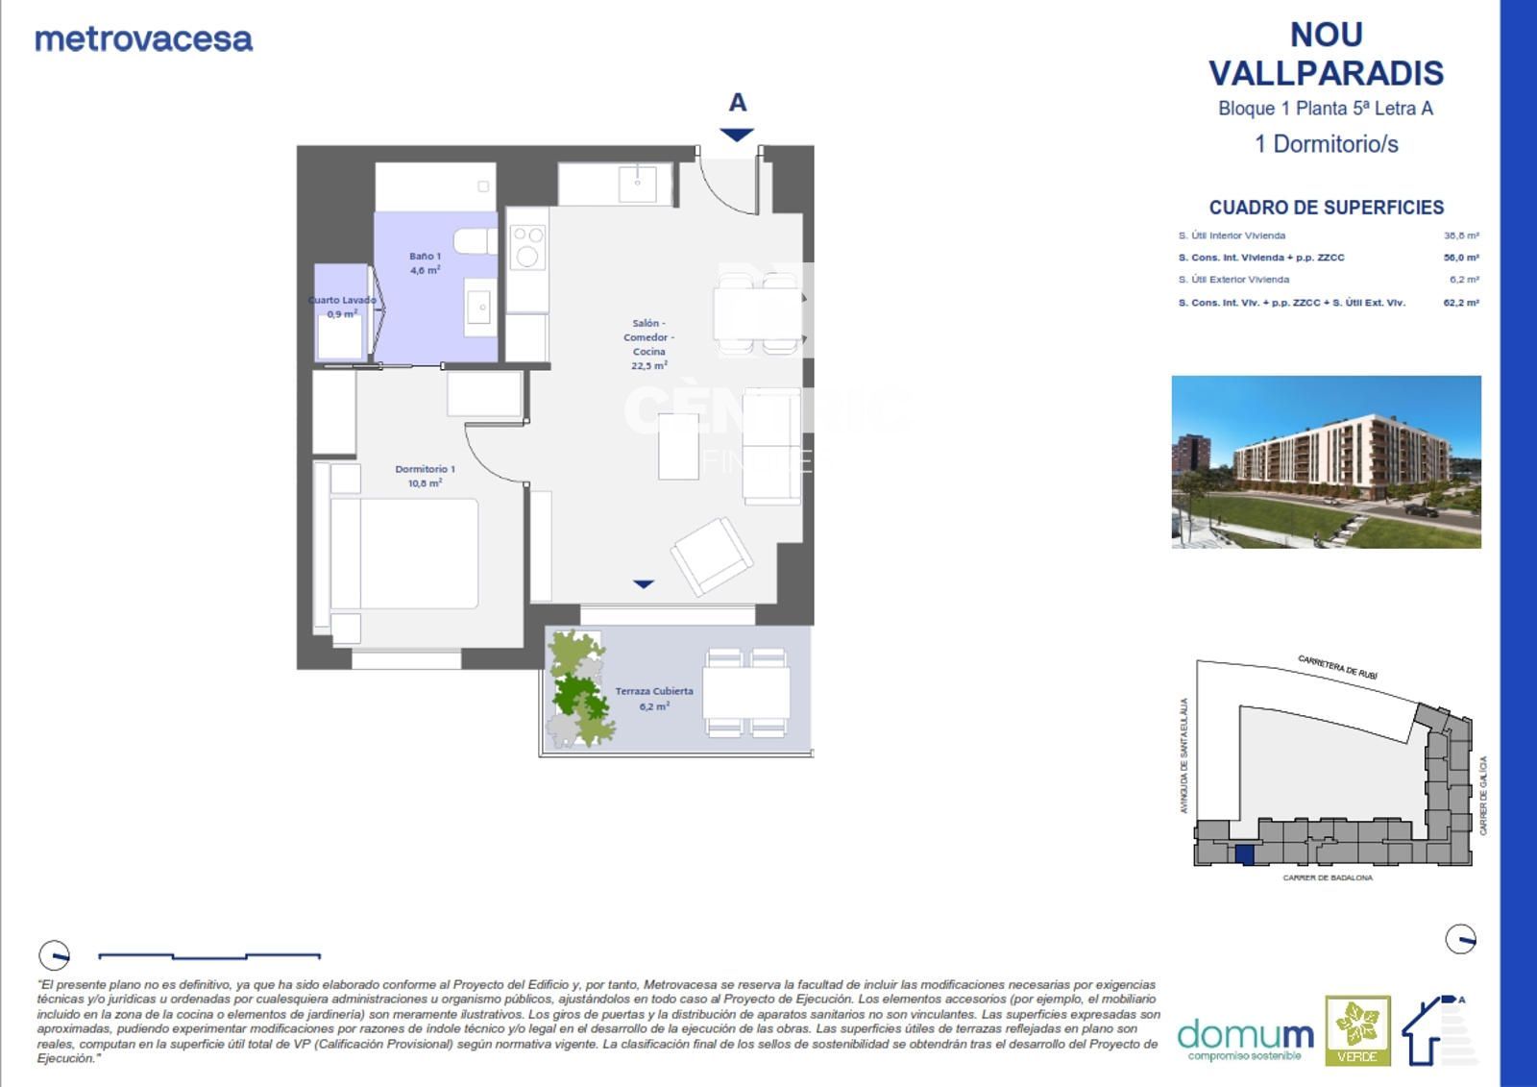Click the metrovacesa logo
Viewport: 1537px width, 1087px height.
click(x=144, y=39)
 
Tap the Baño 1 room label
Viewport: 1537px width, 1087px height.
click(x=425, y=263)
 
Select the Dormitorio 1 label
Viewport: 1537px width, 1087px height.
click(x=425, y=476)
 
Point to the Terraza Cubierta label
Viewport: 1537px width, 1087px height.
click(x=654, y=698)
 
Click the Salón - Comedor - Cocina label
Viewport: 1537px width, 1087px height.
click(x=648, y=344)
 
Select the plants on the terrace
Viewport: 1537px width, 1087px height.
click(x=578, y=689)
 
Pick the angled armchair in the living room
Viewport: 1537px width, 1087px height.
click(x=712, y=555)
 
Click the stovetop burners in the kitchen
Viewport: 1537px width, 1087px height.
click(x=527, y=247)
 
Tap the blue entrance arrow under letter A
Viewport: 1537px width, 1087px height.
click(x=737, y=136)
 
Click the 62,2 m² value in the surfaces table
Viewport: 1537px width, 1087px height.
click(x=1460, y=303)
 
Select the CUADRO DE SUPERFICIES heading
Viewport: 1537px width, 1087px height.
click(x=1326, y=208)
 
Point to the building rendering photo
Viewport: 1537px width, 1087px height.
click(x=1326, y=461)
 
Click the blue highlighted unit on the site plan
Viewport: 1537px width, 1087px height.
click(x=1244, y=854)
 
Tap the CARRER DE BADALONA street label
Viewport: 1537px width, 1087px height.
click(x=1328, y=877)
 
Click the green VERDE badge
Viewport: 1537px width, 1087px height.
click(x=1357, y=1030)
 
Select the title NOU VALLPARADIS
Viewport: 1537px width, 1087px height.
click(x=1326, y=54)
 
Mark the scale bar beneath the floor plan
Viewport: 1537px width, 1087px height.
click(x=209, y=956)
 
